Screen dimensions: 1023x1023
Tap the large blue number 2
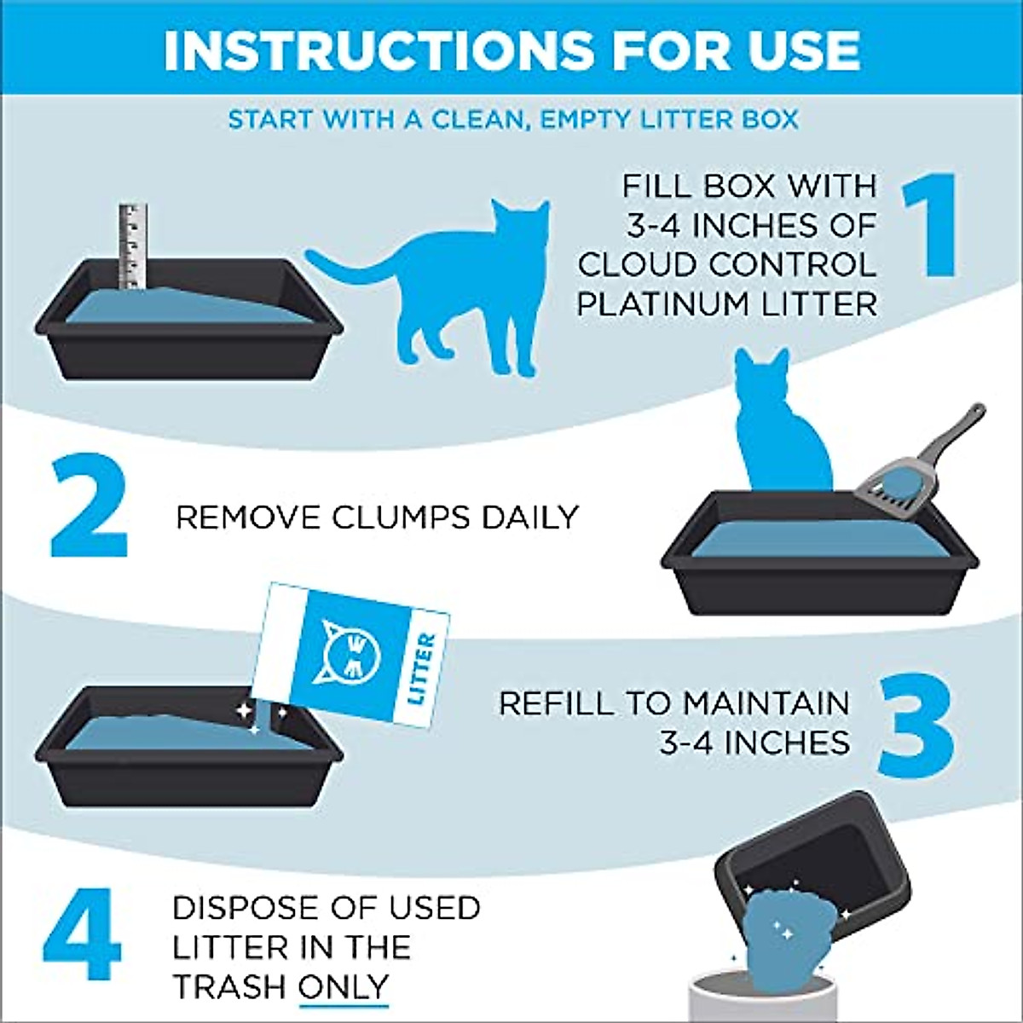tap(89, 508)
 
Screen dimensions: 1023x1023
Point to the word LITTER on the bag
tap(422, 668)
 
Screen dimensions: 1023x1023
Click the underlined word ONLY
tap(343, 986)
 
